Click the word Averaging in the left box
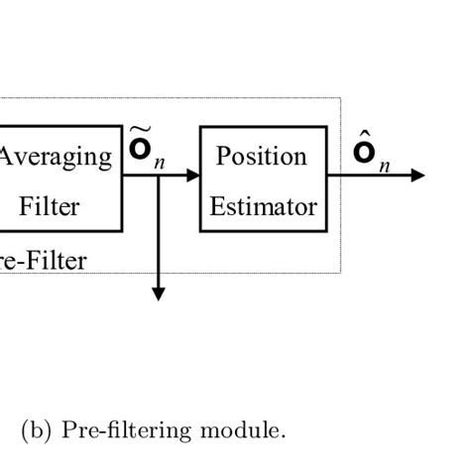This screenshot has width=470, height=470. pos(56,157)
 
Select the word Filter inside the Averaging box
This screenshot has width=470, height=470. pos(50,207)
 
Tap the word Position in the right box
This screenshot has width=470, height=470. pos(262,157)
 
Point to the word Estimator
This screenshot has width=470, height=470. pos(263,207)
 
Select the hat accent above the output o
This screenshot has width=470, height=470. pos(363,136)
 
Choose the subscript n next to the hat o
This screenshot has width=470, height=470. pos(383,166)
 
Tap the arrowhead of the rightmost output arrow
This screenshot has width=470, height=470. pos(418,176)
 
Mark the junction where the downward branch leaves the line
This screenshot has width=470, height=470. pos(158,176)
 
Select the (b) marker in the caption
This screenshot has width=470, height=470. pos(38,430)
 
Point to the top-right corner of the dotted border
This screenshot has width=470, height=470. pos(341,98)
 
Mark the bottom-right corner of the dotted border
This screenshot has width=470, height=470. pos(341,272)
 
